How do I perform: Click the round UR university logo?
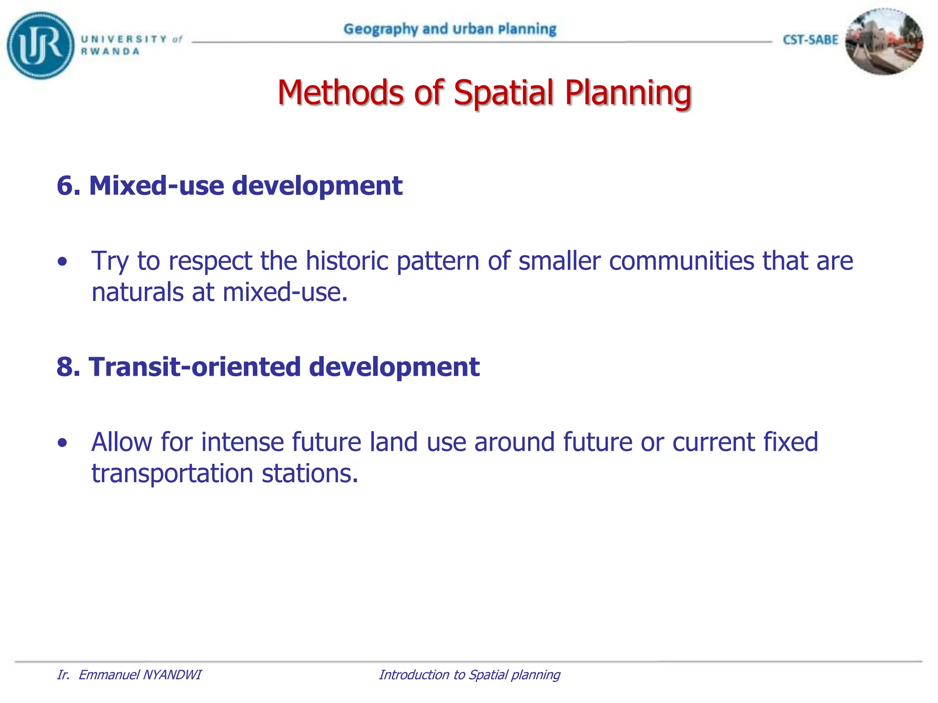coord(40,45)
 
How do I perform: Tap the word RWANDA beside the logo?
coord(110,52)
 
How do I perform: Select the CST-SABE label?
coord(810,40)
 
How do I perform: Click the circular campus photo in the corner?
coord(883,42)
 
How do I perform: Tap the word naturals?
coord(137,292)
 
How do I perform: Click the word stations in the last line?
coord(309,474)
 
